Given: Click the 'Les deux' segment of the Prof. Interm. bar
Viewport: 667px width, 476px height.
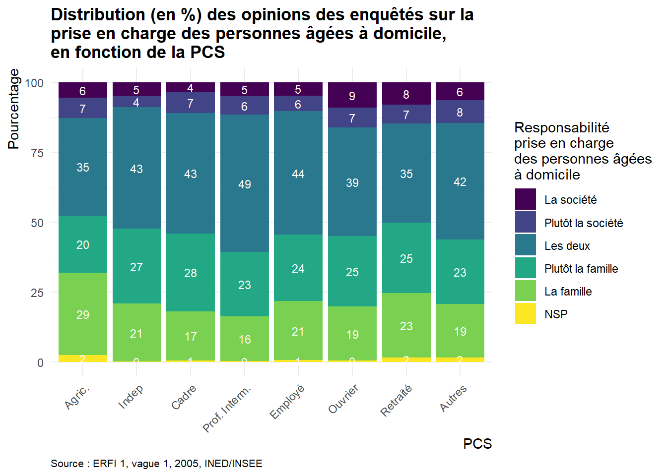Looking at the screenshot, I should [244, 184].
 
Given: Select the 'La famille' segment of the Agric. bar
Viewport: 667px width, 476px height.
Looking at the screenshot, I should [83, 314].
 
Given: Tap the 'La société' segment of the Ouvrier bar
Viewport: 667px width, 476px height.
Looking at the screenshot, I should [352, 95].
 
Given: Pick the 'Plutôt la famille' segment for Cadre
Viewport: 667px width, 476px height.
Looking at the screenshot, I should [191, 273].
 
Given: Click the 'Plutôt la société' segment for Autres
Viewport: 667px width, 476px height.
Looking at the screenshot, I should [460, 112].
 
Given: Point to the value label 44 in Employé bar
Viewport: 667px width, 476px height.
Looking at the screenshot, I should [298, 174].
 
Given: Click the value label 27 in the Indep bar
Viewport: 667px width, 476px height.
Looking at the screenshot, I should [136, 267].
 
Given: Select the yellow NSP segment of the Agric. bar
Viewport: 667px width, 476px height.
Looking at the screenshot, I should [83, 358].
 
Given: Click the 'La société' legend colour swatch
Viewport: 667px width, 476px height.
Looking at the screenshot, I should [526, 199].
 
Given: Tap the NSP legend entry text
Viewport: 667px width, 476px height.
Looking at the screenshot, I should [556, 314].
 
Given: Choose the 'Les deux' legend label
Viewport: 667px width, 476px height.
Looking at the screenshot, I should [567, 246].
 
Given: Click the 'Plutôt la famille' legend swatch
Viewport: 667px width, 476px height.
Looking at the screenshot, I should [526, 268].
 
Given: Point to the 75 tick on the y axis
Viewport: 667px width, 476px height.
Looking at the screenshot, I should [37, 153].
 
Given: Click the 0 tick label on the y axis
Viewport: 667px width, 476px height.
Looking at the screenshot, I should [40, 363].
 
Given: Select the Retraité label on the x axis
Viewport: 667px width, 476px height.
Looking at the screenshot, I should [397, 400].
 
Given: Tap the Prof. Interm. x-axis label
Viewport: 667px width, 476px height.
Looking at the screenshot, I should [227, 408].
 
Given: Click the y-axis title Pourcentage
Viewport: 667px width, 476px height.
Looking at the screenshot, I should [14, 109].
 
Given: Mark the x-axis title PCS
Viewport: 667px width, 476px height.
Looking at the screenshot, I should [477, 444].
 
